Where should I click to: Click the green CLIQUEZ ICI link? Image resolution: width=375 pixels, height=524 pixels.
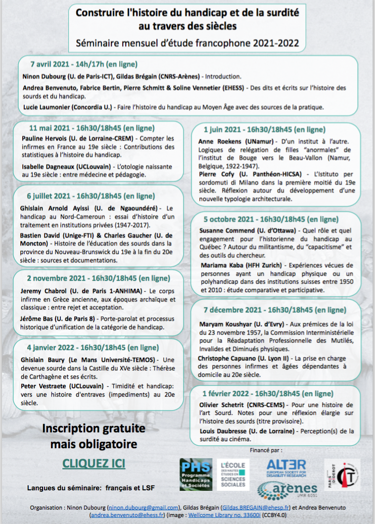click(94, 464)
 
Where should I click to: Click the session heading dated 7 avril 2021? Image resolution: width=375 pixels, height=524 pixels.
click(84, 64)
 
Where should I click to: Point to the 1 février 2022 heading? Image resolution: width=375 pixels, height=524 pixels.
click(268, 394)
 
